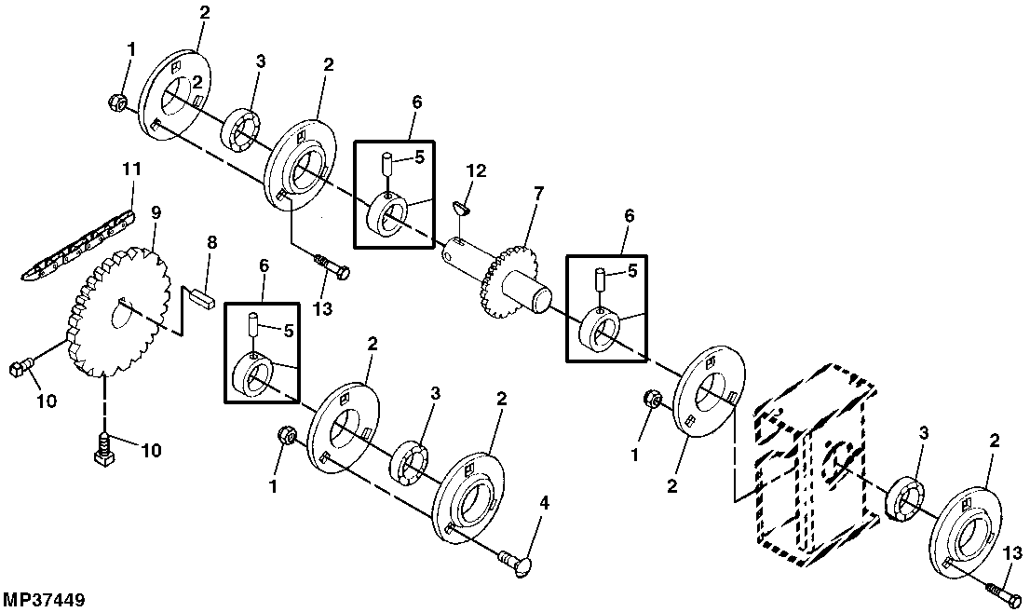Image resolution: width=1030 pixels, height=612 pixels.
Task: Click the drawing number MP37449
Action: coord(44,600)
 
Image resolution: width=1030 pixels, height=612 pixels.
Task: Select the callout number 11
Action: coord(131,170)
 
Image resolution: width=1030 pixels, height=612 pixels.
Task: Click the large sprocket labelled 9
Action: coord(118,311)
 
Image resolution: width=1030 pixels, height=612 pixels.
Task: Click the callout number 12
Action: coord(476,171)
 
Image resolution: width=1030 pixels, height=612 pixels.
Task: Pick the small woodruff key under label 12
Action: coord(462,208)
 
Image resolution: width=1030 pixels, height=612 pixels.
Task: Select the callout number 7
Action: coord(538,193)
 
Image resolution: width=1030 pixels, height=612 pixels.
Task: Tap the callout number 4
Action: coord(545,504)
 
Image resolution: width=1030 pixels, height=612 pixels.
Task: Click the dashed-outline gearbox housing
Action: coord(815,464)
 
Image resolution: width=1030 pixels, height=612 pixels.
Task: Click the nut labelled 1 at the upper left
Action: coord(115,102)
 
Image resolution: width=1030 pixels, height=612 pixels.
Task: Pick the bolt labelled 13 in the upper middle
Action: coord(332,267)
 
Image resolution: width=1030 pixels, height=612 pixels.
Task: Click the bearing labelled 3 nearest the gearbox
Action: coord(906,496)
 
